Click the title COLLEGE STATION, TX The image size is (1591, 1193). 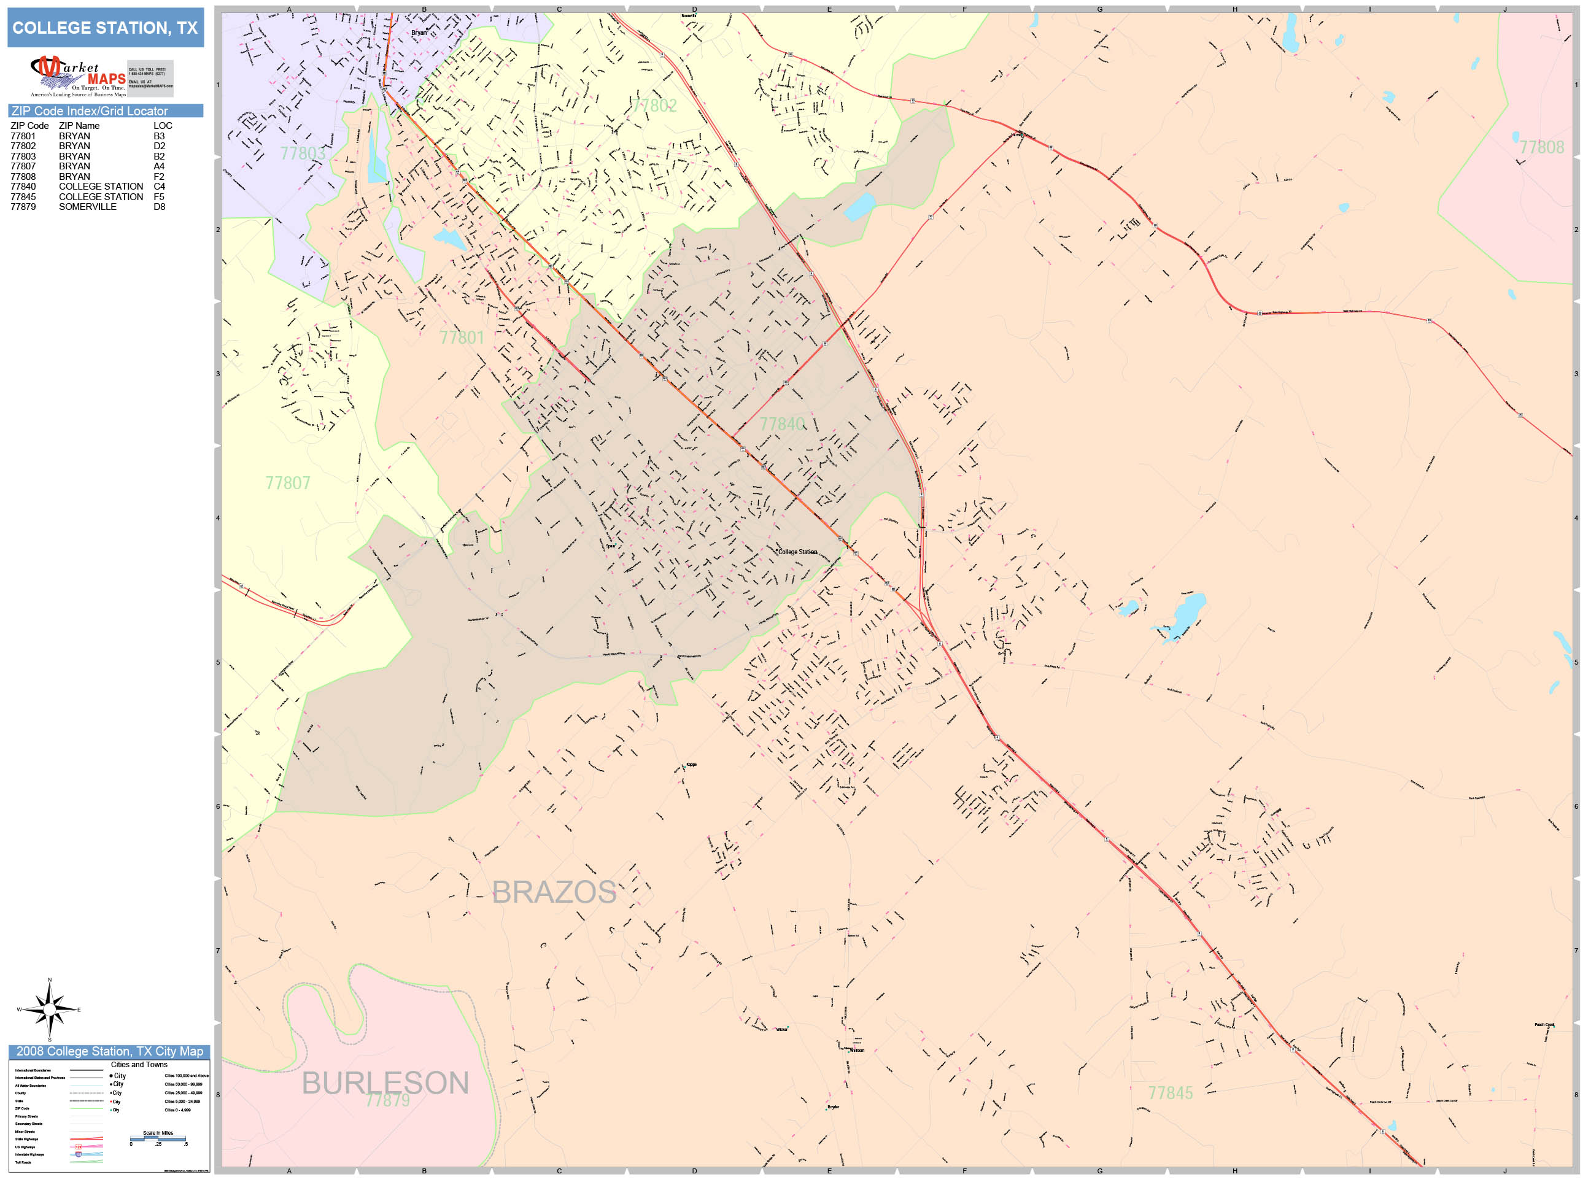pos(105,28)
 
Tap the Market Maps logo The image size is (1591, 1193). pos(79,76)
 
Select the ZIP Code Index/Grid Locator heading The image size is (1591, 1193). pos(89,110)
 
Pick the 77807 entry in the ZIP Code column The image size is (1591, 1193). pos(23,166)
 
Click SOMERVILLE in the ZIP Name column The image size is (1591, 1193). pos(87,206)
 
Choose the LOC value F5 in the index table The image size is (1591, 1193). pos(159,196)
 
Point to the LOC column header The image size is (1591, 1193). pos(163,126)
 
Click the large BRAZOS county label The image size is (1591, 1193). pos(553,892)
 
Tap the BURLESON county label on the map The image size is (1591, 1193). pos(385,1083)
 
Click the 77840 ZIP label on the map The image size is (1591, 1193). pos(782,424)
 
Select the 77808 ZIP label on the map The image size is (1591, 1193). pos(1541,147)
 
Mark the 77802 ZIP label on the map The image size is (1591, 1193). pos(654,106)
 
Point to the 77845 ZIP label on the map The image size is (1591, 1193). pos(1171,1093)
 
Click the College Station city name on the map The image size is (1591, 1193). pos(798,552)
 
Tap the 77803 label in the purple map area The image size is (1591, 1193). pos(302,153)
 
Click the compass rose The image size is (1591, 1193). pos(49,1010)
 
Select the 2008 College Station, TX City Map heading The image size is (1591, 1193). pos(109,1051)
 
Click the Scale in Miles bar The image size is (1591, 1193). pos(158,1139)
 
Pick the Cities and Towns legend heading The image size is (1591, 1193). pos(139,1065)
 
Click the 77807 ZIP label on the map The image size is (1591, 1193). pos(288,483)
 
